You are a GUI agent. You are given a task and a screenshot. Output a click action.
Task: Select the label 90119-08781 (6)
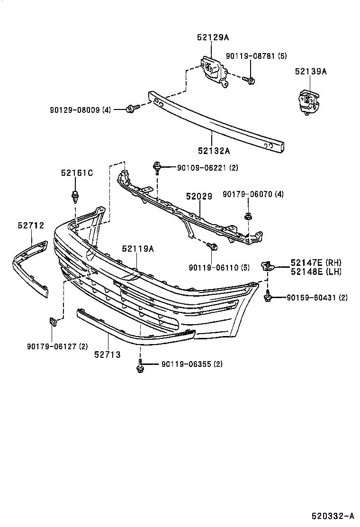(256, 56)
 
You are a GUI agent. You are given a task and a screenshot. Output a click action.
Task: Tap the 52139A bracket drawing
(307, 102)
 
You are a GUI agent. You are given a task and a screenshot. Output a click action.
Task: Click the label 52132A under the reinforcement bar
(214, 151)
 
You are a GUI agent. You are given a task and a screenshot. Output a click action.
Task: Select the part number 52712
(31, 226)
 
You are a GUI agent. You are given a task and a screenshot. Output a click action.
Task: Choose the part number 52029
(199, 195)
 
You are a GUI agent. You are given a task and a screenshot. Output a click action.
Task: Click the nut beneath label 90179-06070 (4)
(247, 217)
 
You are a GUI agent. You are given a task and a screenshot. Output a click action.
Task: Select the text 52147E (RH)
(316, 263)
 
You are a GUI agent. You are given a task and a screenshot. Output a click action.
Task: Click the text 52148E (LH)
(316, 272)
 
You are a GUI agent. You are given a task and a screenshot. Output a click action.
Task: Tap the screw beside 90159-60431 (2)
(268, 297)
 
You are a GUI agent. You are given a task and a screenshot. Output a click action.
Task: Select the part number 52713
(107, 354)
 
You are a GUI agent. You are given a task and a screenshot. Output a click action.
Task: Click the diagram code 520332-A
(333, 516)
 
